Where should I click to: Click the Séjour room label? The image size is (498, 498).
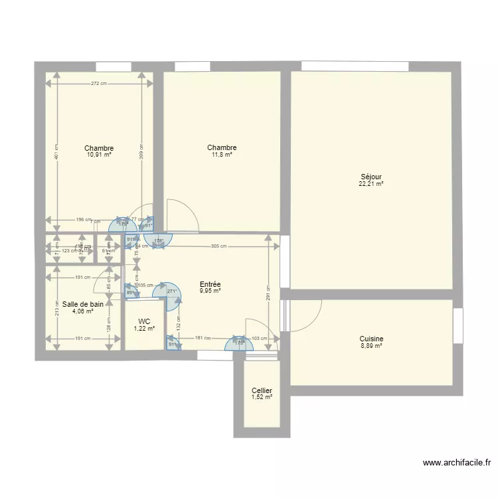[x=371, y=177]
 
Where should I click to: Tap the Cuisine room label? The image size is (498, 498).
[x=371, y=339]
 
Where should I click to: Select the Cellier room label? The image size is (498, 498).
[x=262, y=391]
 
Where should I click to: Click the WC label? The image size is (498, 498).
[x=144, y=321]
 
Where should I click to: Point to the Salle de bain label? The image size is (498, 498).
[x=83, y=303]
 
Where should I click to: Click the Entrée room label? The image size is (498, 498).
[x=210, y=284]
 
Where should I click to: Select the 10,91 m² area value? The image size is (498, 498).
[x=99, y=155]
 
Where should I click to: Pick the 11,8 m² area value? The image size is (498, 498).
[x=222, y=155]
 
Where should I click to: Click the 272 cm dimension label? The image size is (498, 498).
[x=100, y=84]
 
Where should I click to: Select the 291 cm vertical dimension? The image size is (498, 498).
[x=268, y=293]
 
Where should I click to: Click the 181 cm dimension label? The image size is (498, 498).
[x=203, y=339]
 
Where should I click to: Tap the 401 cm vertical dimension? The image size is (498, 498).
[x=56, y=152]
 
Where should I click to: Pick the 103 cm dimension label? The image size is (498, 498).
[x=260, y=339]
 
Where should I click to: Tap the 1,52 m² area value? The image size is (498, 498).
[x=262, y=397]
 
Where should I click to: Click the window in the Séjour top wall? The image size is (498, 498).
[x=355, y=66]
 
